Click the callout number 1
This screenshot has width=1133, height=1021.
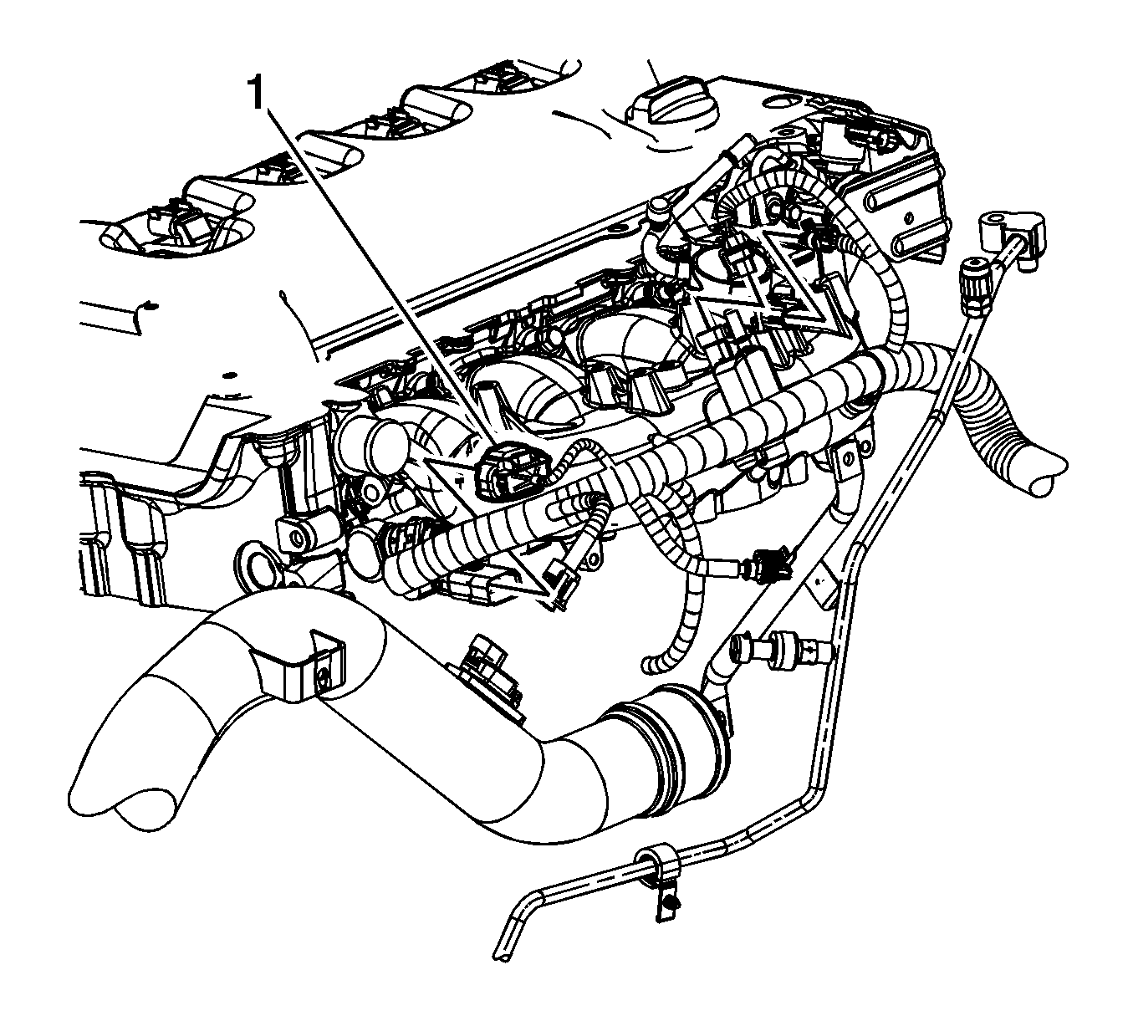tap(257, 94)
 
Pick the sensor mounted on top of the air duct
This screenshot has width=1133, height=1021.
tap(492, 676)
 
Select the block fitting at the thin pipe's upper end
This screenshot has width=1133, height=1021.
tap(1011, 231)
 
